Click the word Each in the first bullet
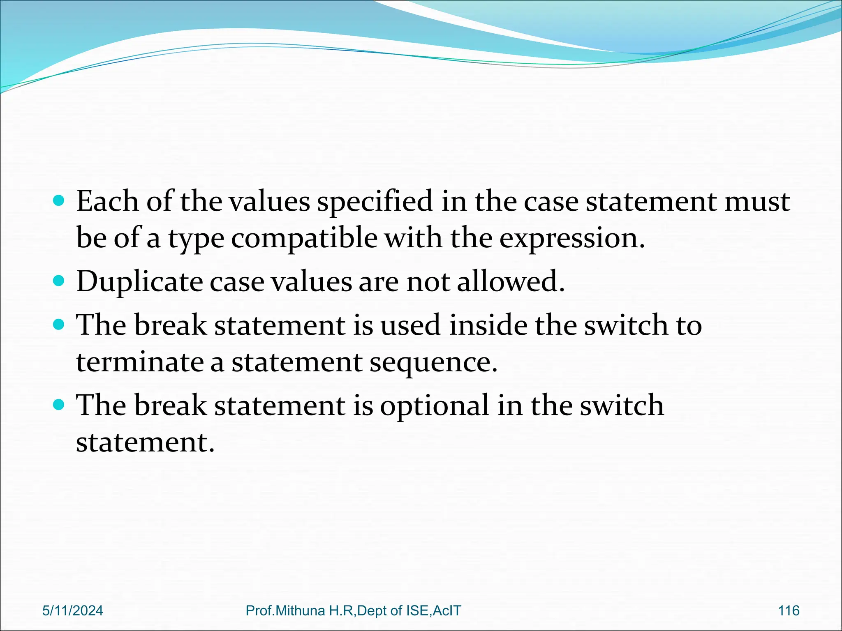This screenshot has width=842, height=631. point(107,201)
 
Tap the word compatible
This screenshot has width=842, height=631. point(304,238)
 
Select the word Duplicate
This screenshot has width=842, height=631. point(139,282)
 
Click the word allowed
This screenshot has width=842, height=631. point(510,282)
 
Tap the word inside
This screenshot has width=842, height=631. point(488,325)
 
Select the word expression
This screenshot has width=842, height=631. point(572,238)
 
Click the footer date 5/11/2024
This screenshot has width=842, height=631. point(73,610)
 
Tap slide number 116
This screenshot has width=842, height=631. point(789,610)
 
